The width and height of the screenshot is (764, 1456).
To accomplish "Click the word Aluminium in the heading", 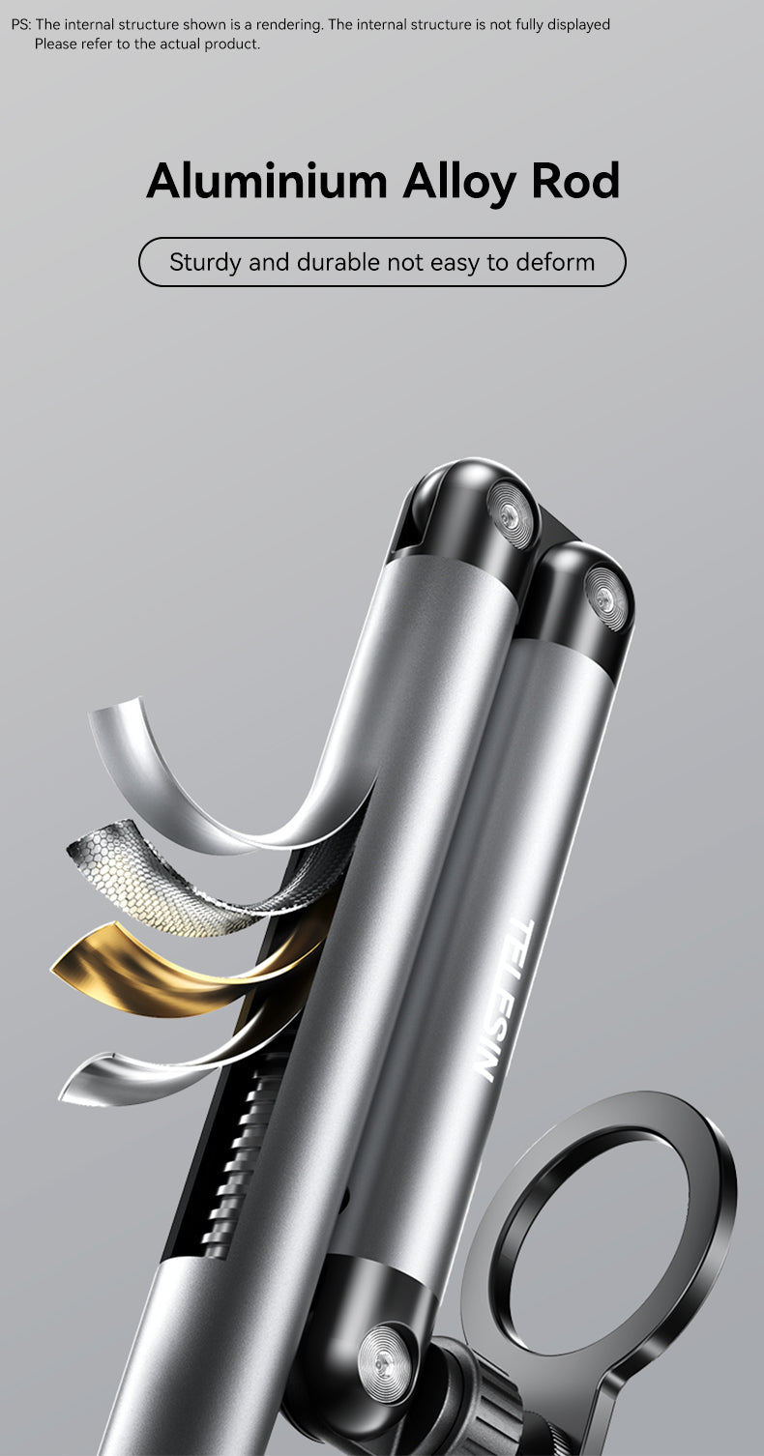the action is [267, 181].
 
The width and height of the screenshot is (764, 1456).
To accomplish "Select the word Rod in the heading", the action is [575, 180].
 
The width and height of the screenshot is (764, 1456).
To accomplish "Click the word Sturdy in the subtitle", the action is [205, 263].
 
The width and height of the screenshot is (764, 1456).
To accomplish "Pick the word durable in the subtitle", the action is [338, 262].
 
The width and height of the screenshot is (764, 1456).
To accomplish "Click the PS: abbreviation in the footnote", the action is [21, 25].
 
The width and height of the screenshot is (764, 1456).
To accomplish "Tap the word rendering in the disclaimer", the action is [289, 25].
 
